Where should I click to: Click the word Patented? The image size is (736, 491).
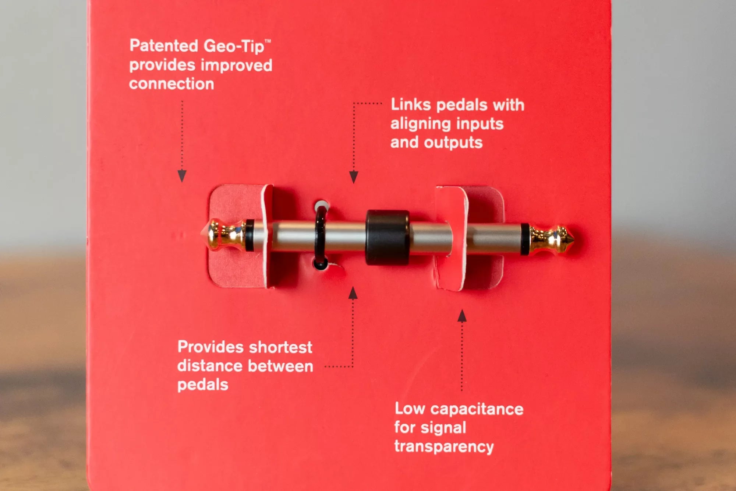[x=164, y=46]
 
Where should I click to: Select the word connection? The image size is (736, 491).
[x=171, y=84]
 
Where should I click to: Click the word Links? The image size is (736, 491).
[x=411, y=105]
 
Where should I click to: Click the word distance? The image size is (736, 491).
[x=209, y=366]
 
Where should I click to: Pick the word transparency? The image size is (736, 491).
[x=444, y=447]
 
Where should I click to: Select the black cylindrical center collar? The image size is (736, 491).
[x=388, y=238]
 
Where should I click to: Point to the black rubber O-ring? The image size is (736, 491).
[x=320, y=236]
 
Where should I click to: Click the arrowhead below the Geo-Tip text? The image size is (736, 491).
[x=182, y=176]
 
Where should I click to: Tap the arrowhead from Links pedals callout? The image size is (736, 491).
[x=354, y=177]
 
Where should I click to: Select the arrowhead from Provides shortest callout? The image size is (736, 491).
[x=353, y=293]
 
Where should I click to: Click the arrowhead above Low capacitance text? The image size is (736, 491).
[x=462, y=316]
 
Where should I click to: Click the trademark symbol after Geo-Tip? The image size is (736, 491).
[x=268, y=42]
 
